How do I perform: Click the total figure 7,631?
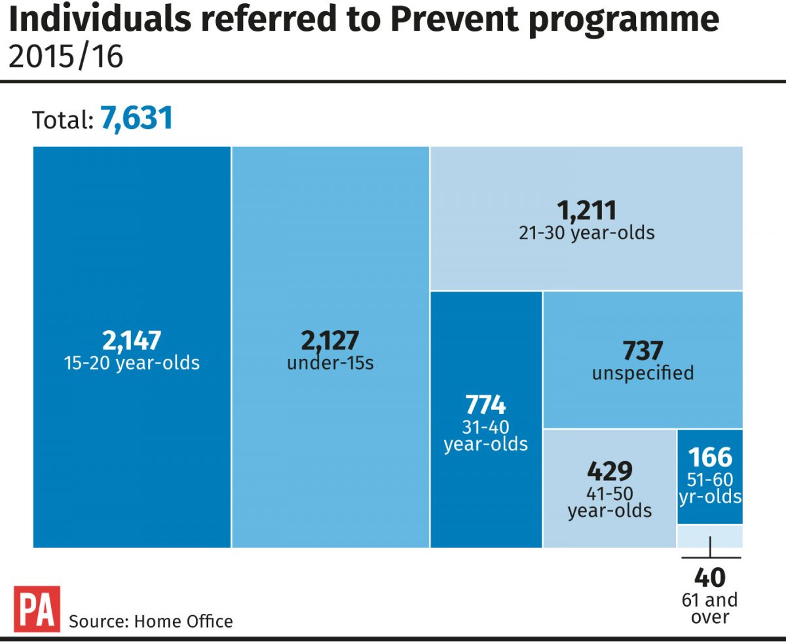(136, 118)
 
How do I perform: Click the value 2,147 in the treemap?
(132, 341)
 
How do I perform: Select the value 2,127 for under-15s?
(330, 341)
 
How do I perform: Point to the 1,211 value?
(587, 211)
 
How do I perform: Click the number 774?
(485, 404)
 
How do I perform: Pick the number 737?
(643, 351)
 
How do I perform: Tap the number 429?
(610, 470)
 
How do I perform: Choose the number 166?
(710, 457)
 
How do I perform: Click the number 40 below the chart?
(710, 578)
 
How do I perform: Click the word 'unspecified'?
(643, 373)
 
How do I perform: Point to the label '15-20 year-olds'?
(132, 362)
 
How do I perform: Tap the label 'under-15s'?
(330, 362)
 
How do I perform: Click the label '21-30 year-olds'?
(587, 233)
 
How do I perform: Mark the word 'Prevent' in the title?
(458, 21)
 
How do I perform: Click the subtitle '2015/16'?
(66, 57)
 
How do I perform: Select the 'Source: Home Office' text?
(151, 620)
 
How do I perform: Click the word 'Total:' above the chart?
(63, 120)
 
